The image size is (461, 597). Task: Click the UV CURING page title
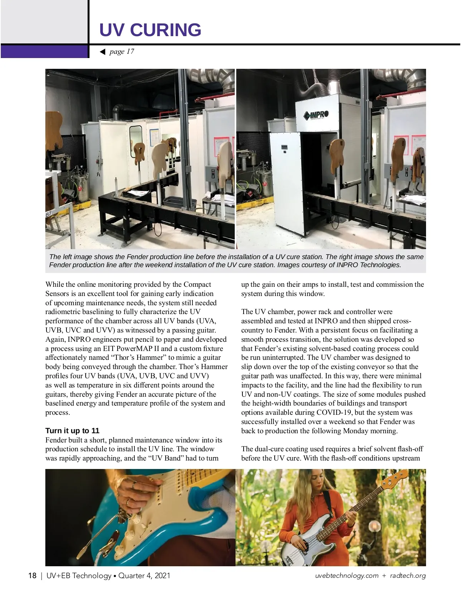(x=150, y=30)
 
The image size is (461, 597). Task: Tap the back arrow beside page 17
(x=102, y=52)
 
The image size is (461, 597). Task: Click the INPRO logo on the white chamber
(x=316, y=115)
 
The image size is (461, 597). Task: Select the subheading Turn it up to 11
(x=72, y=431)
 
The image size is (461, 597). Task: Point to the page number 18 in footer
(x=32, y=575)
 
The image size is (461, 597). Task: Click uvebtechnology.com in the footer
(x=347, y=575)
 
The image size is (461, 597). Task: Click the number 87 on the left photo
(x=48, y=214)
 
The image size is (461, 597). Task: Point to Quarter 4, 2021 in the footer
(x=144, y=575)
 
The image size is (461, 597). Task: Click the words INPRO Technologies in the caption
(x=368, y=265)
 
